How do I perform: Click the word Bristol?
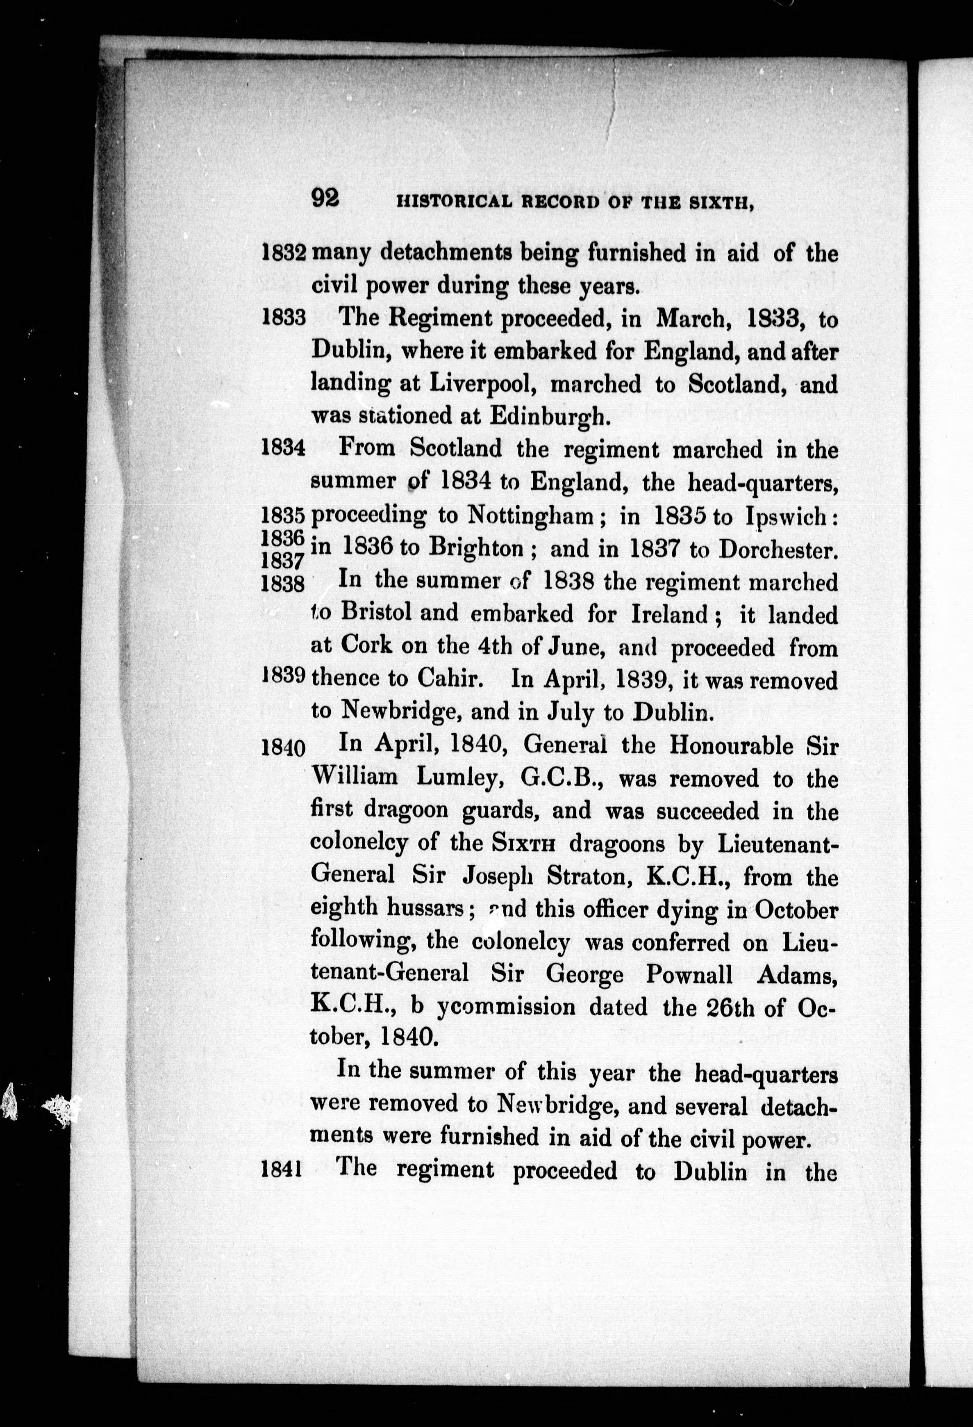376,613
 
